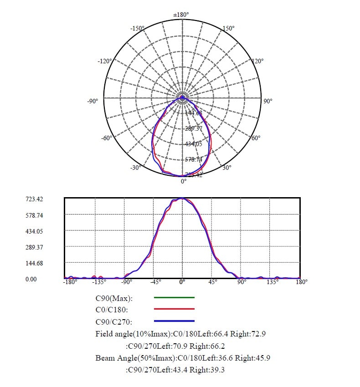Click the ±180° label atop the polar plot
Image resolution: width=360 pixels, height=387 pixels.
pyautogui.click(x=181, y=15)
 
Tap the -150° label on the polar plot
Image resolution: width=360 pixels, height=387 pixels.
pyautogui.click(x=137, y=28)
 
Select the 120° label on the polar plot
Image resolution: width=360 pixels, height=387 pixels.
pyautogui.click(x=257, y=61)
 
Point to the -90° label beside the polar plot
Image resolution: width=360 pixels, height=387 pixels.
pyautogui.click(x=93, y=101)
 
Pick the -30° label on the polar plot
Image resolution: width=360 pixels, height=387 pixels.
pyautogui.click(x=135, y=168)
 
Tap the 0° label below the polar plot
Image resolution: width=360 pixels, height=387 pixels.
pyautogui.click(x=184, y=181)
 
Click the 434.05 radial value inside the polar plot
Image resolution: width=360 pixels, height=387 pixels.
pyautogui.click(x=193, y=144)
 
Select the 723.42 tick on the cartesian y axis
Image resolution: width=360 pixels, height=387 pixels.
pyautogui.click(x=34, y=199)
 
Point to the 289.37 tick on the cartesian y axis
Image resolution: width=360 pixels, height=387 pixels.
pyautogui.click(x=34, y=247)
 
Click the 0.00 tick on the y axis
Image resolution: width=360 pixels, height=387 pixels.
pyautogui.click(x=31, y=279)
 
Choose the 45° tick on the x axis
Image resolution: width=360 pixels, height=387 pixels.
pyautogui.click(x=212, y=282)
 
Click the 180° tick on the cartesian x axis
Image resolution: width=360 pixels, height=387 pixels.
pyautogui.click(x=302, y=282)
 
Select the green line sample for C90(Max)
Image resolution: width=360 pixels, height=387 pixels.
pyautogui.click(x=174, y=297)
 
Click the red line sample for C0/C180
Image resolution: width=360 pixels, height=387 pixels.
pyautogui.click(x=174, y=310)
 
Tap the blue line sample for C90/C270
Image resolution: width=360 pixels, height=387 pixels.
pyautogui.click(x=174, y=321)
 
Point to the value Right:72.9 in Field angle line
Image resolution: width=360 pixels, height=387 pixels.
pyautogui.click(x=248, y=334)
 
